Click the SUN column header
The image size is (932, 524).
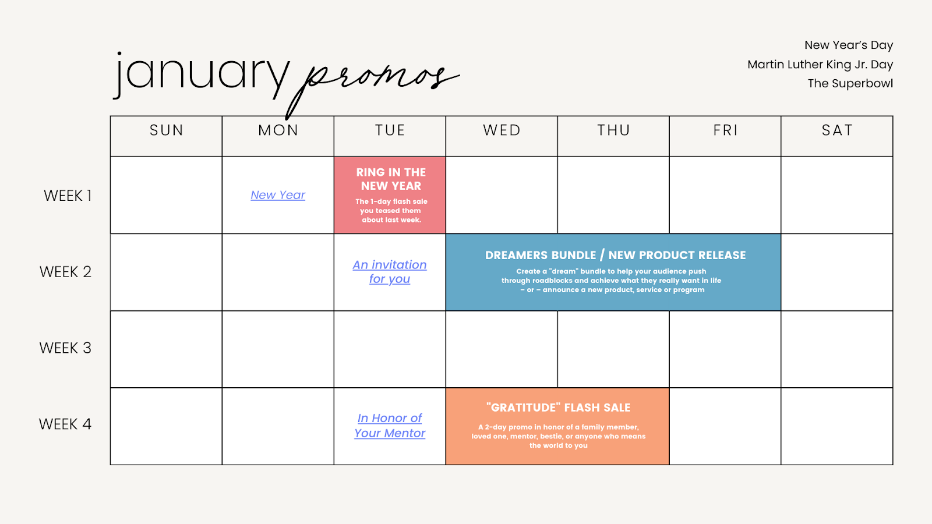coord(167,130)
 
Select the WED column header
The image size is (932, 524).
coord(502,130)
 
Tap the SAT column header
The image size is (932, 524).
coord(837,130)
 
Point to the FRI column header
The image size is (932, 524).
coord(725,130)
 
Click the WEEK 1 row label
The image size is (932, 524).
coord(68,196)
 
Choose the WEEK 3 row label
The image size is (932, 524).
coord(65,348)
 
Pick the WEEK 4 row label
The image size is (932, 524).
coord(65,424)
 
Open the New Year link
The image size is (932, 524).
coord(278,194)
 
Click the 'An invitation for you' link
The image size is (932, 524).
coord(390,271)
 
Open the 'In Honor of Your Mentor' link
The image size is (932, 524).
coord(390,426)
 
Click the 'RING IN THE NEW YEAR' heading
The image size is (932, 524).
coord(391,179)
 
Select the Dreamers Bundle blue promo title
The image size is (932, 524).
coord(615,255)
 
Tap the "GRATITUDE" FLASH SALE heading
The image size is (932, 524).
coord(559,408)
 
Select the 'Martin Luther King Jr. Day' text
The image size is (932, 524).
coord(820,65)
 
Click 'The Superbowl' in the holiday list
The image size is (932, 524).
coord(850,84)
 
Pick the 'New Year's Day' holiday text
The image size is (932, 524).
coord(849,45)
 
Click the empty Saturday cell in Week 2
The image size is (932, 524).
coord(837,272)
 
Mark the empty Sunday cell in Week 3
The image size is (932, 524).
coord(166,349)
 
